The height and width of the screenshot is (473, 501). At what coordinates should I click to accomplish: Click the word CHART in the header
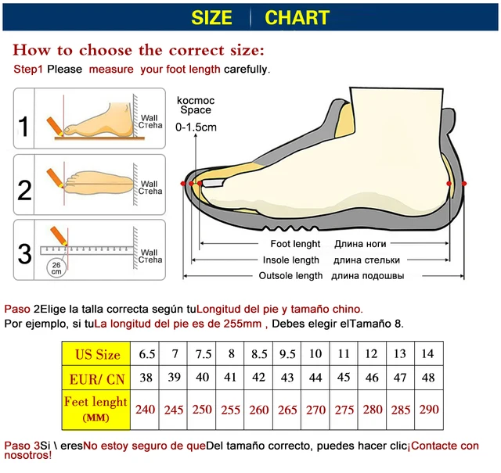297,17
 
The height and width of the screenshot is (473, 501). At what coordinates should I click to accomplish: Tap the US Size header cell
97,355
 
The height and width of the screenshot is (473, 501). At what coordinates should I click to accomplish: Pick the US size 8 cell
231,354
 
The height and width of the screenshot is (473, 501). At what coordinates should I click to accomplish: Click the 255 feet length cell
231,408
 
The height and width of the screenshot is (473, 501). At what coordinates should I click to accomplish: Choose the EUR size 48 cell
428,378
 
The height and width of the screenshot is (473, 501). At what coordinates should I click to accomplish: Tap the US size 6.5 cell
146,354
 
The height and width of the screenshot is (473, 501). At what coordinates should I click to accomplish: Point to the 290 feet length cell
428,408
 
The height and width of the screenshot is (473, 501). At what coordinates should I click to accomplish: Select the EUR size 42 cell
259,378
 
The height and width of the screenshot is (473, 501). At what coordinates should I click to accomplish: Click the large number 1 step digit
24,127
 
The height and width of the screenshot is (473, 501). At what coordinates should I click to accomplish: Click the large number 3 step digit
24,253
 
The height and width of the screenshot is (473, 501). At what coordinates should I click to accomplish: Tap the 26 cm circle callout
56,266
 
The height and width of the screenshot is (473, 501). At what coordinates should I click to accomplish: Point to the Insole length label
290,260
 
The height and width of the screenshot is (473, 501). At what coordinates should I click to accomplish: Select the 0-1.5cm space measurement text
196,127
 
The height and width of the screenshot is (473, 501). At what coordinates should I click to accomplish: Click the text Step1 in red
28,70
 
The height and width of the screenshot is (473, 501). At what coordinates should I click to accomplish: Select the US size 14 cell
428,354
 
